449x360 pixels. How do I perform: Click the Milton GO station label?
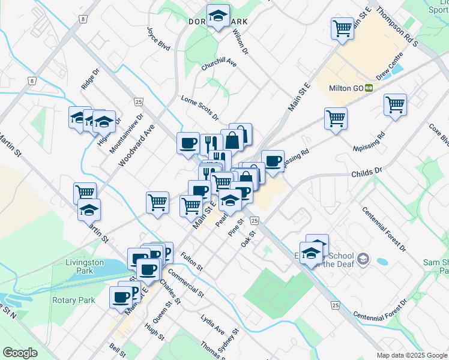[346, 88]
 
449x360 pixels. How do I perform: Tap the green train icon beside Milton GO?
[369, 88]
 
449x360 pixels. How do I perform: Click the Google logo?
[20, 353]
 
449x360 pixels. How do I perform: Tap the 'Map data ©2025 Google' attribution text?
[412, 355]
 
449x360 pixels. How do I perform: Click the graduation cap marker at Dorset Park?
[218, 16]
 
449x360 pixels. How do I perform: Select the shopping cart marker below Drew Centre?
[395, 105]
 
